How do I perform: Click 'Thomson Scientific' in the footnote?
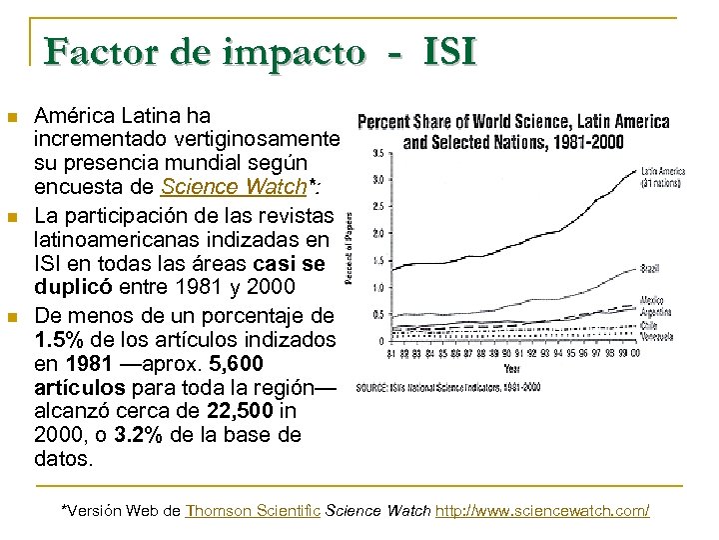pyautogui.click(x=249, y=511)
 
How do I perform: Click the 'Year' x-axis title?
pyautogui.click(x=511, y=367)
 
